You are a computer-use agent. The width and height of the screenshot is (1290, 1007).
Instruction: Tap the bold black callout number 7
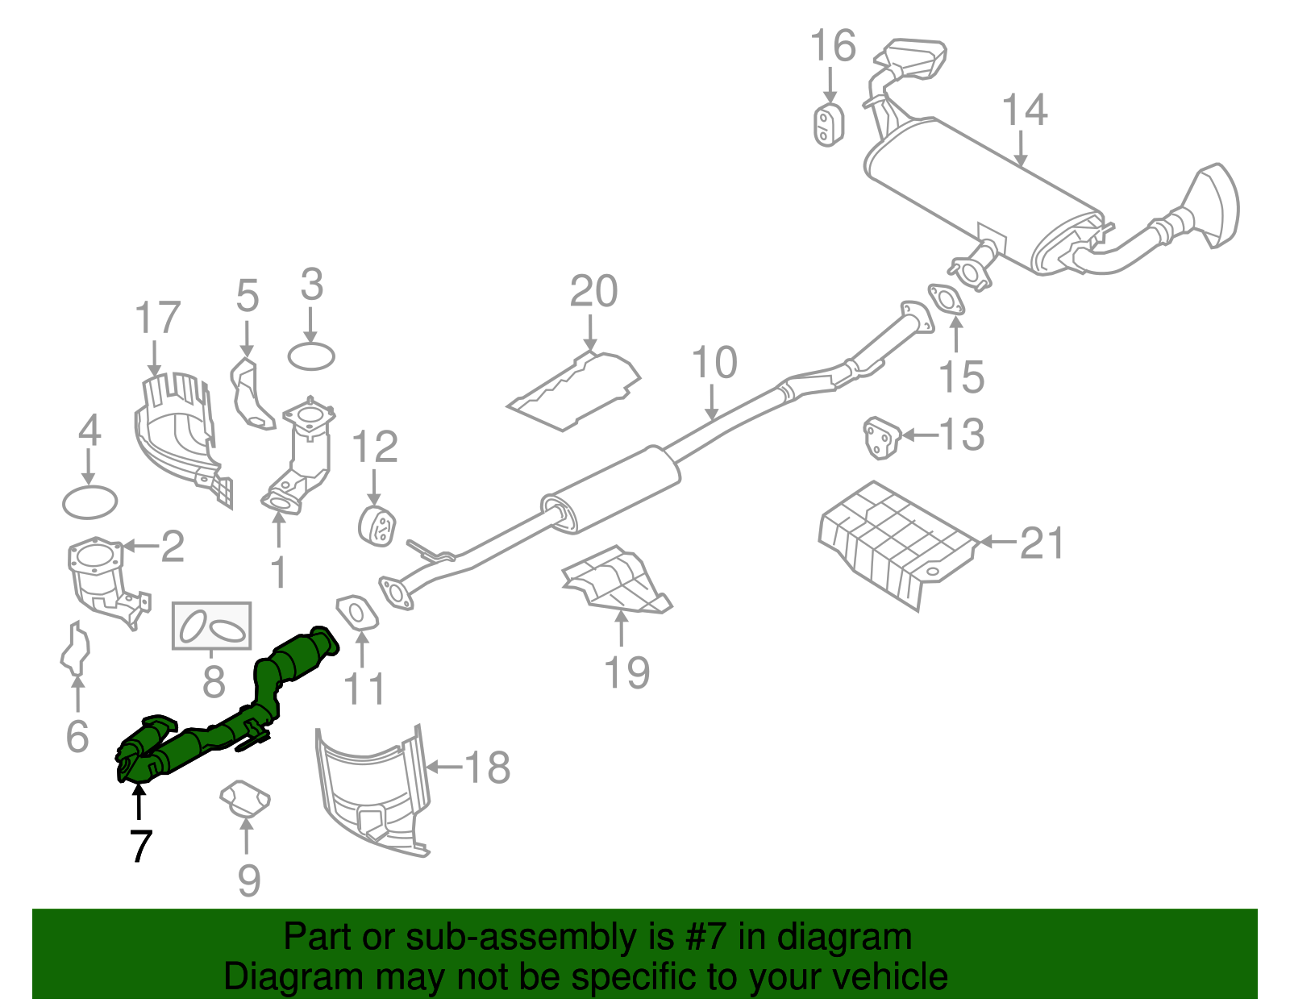140,846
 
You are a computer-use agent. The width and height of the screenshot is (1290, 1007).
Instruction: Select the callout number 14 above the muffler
1024,111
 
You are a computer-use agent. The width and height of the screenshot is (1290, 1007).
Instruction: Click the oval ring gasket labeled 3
311,356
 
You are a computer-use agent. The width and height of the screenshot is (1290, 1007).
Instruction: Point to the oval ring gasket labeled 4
89,502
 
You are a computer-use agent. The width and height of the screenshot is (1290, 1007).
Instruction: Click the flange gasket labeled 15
946,298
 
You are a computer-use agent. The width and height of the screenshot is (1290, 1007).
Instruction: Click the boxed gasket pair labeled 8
212,626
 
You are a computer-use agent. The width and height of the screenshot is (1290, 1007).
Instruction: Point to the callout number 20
593,292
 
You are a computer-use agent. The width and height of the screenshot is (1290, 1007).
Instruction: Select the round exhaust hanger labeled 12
376,526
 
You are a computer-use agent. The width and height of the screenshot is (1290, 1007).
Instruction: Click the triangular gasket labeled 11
356,611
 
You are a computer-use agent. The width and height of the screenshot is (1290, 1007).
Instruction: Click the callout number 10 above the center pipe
714,363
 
